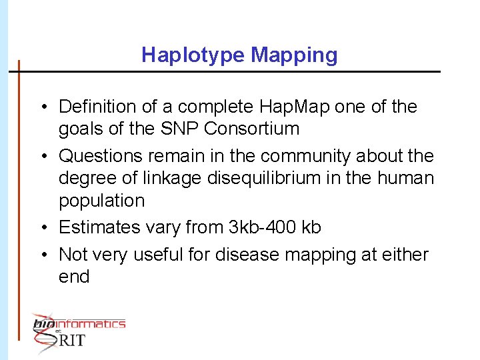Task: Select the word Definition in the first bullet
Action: click(x=99, y=107)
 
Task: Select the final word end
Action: click(x=74, y=277)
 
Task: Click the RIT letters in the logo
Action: click(x=72, y=340)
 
